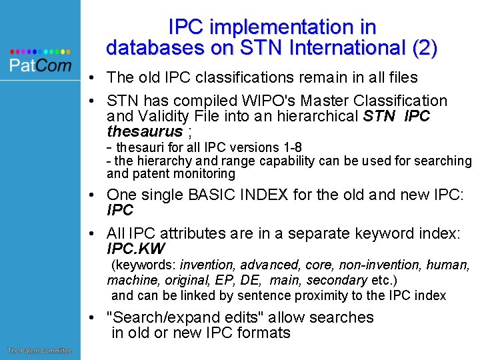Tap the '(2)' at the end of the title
click(424, 48)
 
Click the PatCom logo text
click(40, 64)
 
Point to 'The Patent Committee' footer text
click(39, 351)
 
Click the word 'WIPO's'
click(287, 101)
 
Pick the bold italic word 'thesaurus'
click(145, 131)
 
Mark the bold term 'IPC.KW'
click(135, 249)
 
